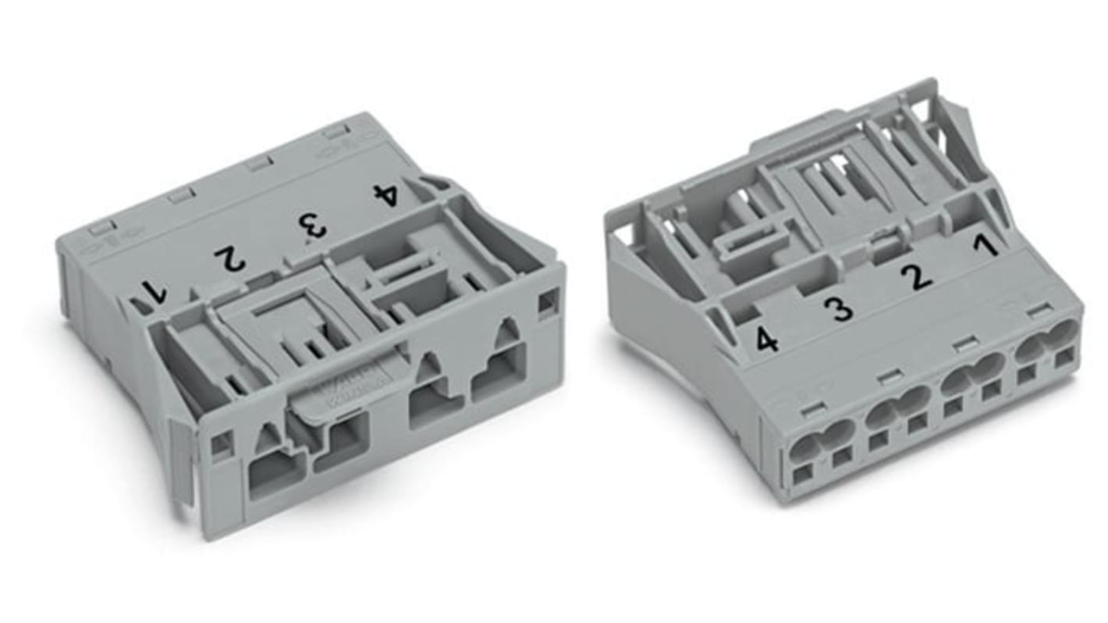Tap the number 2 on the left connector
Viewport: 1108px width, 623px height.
tap(230, 258)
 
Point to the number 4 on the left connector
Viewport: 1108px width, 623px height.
tap(386, 194)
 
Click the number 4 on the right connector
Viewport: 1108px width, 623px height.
tap(766, 340)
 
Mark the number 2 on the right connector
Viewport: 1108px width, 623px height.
tap(915, 276)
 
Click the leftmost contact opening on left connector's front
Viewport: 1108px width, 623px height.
tap(275, 471)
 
